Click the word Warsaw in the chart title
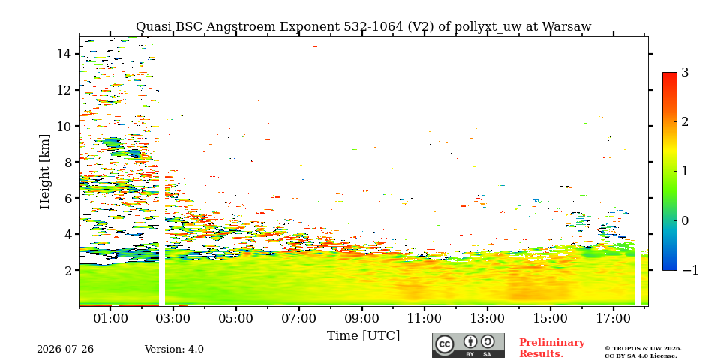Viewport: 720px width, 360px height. coord(567,27)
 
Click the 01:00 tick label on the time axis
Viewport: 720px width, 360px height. coord(111,318)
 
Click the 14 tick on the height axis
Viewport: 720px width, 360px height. coord(64,54)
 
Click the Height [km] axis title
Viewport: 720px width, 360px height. coord(44,172)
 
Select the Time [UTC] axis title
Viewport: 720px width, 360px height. coord(363,335)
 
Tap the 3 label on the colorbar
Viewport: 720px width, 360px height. coord(685,73)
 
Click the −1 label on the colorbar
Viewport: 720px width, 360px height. coord(690,270)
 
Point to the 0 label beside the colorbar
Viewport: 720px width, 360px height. coord(685,220)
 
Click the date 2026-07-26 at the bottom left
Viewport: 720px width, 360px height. coord(65,349)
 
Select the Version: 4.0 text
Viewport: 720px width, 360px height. coord(174,349)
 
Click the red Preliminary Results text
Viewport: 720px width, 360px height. coord(552,347)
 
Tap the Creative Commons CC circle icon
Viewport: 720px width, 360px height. coord(445,345)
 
